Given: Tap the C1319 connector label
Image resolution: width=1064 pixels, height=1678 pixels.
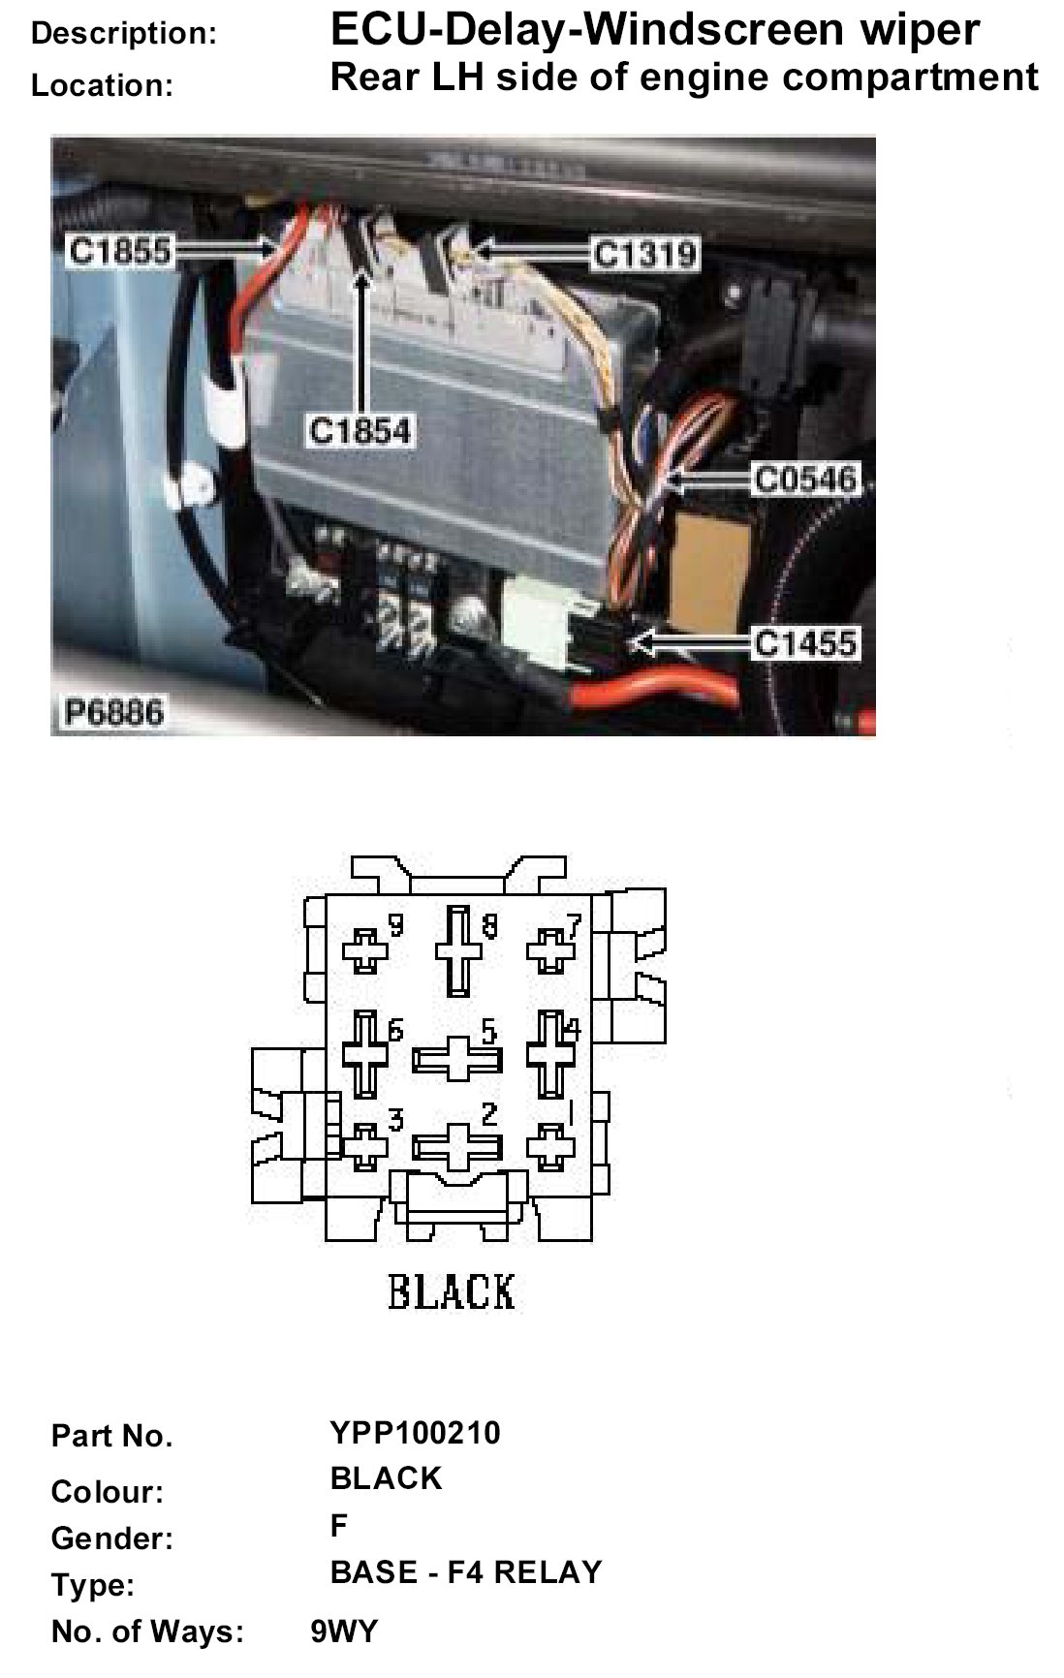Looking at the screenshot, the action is pos(644,254).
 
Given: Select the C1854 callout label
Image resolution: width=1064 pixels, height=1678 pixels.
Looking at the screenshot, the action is pos(360,430).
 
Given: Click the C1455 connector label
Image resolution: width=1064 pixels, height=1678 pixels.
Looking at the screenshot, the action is pos(806,642).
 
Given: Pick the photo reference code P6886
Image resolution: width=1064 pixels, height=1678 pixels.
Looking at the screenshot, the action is pos(112,713).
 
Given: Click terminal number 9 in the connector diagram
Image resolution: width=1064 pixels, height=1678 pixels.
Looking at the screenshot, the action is pos(395,926).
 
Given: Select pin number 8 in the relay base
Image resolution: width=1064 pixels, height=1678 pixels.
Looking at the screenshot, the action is pos(489,927).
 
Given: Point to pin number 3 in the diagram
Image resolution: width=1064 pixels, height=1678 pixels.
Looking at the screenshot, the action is pos(395,1121).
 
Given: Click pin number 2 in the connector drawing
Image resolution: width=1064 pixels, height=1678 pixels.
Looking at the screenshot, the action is pos(489,1114).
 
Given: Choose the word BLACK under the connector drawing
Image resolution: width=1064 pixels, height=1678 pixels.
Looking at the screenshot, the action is pos(452,1291).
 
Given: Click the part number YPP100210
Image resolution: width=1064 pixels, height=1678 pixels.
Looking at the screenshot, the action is pos(416,1432).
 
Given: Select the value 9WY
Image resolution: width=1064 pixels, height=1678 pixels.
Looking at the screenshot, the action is pos(344,1631).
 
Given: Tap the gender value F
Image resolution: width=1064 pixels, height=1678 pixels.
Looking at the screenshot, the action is pos(338,1525).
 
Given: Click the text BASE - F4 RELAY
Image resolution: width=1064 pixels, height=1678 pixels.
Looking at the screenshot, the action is pos(466,1571).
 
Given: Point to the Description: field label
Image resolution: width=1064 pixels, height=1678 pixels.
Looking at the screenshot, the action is pos(124,34).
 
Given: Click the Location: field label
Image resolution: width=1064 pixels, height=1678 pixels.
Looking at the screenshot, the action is pos(102,85).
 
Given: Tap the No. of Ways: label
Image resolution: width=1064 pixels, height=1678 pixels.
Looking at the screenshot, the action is pos(147,1632).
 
